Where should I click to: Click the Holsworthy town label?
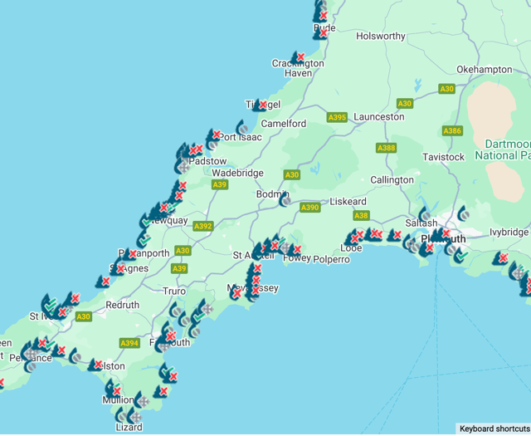point(381,37)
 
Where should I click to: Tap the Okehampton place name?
point(484,70)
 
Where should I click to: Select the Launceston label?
point(379,118)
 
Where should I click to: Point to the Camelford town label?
point(284,124)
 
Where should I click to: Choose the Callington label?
point(392,180)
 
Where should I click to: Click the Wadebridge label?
point(237,174)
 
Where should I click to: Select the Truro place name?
point(174,291)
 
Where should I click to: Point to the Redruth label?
point(123,306)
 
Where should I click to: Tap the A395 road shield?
point(337,118)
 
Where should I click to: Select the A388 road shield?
point(386,149)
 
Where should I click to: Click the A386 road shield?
point(452,131)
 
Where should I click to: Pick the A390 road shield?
point(310,208)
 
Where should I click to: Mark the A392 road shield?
point(203,226)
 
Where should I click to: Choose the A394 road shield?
point(129,343)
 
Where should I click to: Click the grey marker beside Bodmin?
point(285,199)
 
